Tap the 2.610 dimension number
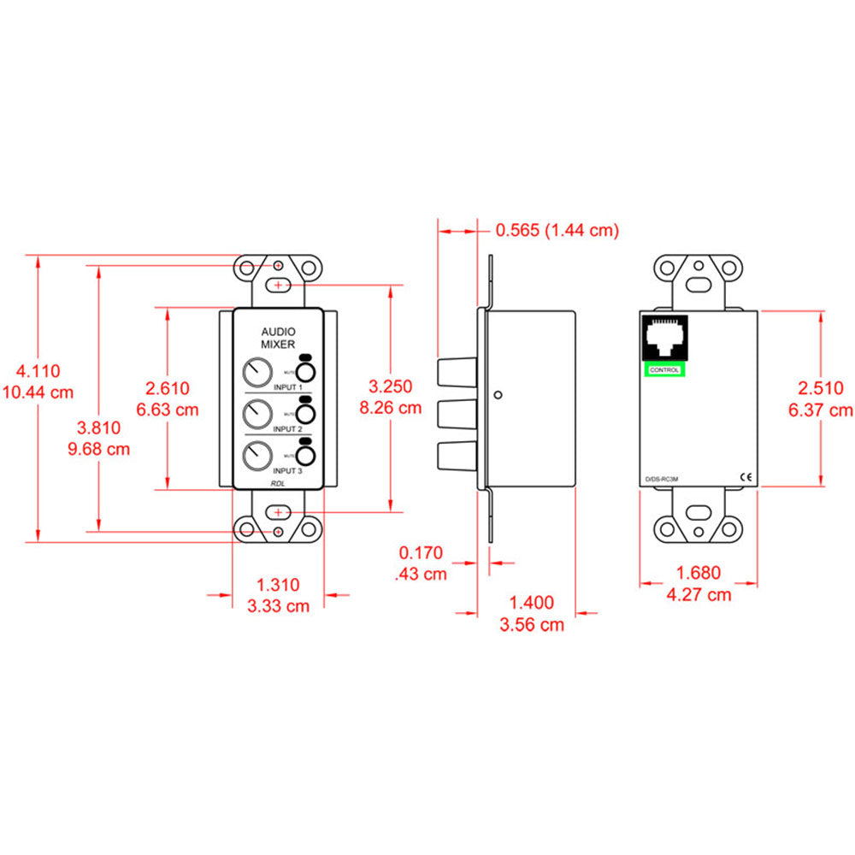click(x=168, y=388)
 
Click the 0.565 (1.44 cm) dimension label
click(x=557, y=230)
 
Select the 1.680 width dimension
click(x=698, y=573)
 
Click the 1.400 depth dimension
click(x=531, y=603)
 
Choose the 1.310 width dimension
click(x=279, y=585)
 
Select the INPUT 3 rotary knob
click(x=255, y=454)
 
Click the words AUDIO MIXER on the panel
click(x=278, y=337)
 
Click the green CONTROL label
click(x=664, y=369)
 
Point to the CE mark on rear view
click(x=744, y=478)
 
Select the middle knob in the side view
click(x=457, y=415)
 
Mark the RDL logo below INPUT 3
click(x=278, y=482)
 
